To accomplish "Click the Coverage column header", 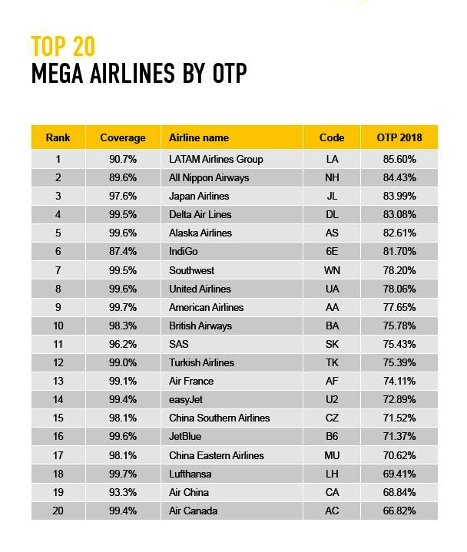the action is [123, 137].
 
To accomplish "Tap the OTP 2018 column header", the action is [399, 137].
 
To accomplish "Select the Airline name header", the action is [199, 137].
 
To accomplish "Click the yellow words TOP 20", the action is [64, 47].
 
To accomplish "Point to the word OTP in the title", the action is [230, 73].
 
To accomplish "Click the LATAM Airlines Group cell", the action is [216, 160].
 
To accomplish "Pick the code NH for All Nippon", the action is [332, 177].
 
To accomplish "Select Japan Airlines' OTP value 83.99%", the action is [399, 196].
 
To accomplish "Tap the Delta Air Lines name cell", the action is [200, 214].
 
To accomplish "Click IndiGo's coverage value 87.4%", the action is [123, 251].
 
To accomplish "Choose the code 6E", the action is [332, 251].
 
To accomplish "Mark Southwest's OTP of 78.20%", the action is [399, 270].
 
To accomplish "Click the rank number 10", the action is [58, 326].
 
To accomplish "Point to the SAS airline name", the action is [178, 344].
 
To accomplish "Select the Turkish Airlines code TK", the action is [332, 362].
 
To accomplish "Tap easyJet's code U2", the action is [332, 399].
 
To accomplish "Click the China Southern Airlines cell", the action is [219, 418].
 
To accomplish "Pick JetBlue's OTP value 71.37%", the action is [399, 436].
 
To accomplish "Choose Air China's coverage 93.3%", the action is [123, 492].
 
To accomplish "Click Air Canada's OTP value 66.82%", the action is [399, 511].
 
